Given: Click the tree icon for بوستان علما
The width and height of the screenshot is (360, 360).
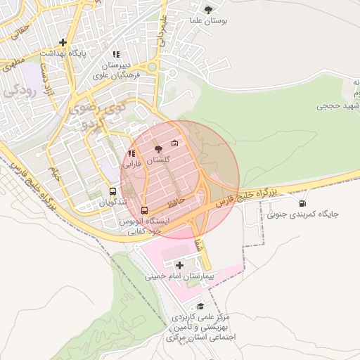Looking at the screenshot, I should coord(207,8).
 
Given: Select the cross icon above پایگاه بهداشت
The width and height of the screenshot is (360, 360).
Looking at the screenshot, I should coord(64,42).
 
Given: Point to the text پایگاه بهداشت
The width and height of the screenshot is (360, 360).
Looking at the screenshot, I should coord(62,53).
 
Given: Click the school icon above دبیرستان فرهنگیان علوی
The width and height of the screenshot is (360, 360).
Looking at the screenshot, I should coord(116,53).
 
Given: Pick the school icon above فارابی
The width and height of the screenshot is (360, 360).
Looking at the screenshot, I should coord(131,153).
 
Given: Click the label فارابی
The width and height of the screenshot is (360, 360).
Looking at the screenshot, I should coord(132,164).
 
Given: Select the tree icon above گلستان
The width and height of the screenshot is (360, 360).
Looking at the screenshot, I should coord(158,149).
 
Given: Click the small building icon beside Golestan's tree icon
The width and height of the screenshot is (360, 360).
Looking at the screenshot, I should coord(174,143).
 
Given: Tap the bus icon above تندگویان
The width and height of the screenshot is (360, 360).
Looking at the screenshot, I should coord(112,191).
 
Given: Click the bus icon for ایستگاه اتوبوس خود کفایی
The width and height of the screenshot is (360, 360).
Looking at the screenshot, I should coord(145,210).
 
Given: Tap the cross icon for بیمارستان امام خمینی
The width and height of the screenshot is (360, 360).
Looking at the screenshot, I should coord(179,265).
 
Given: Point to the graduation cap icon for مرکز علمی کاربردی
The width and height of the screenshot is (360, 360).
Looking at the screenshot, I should coord(201,307).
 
